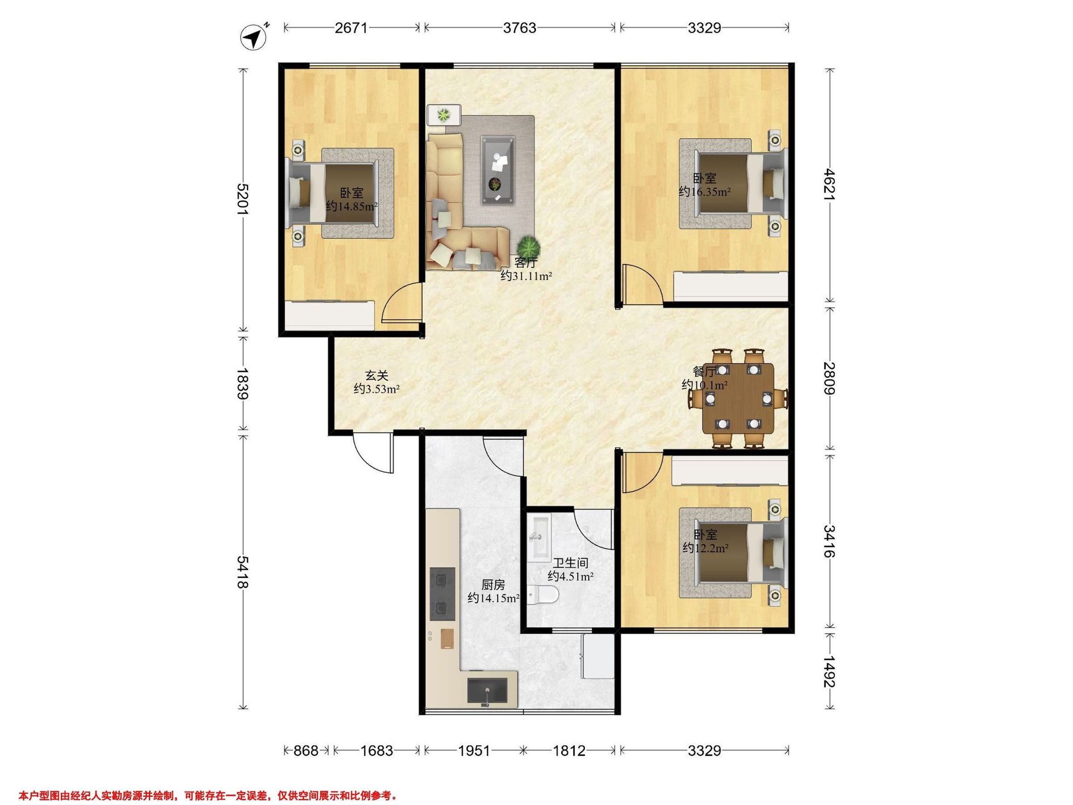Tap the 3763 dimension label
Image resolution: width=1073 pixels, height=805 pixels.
tap(520, 28)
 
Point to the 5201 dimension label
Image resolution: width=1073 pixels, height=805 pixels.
tap(242, 199)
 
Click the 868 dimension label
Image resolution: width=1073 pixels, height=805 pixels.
tap(306, 750)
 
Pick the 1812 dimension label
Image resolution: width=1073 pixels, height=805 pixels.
tap(569, 750)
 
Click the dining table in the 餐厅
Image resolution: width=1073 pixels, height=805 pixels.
tap(738, 398)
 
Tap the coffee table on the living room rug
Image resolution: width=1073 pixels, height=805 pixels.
tap(498, 170)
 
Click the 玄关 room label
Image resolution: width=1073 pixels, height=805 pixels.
tap(377, 376)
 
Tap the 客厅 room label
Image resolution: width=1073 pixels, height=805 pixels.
tap(526, 263)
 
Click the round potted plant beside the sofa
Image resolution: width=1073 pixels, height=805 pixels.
tap(527, 246)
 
